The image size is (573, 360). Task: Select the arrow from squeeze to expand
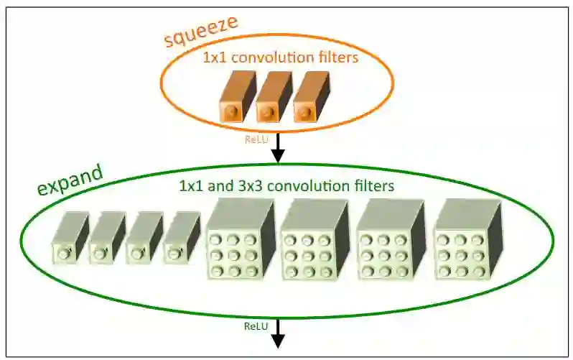coord(276,147)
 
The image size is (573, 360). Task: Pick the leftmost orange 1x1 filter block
coord(235,100)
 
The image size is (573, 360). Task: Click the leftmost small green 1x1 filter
coord(69,238)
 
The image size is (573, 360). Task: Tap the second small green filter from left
coord(106,238)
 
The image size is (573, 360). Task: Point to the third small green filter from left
coord(144,238)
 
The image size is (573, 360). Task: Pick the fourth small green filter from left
coord(181,238)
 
